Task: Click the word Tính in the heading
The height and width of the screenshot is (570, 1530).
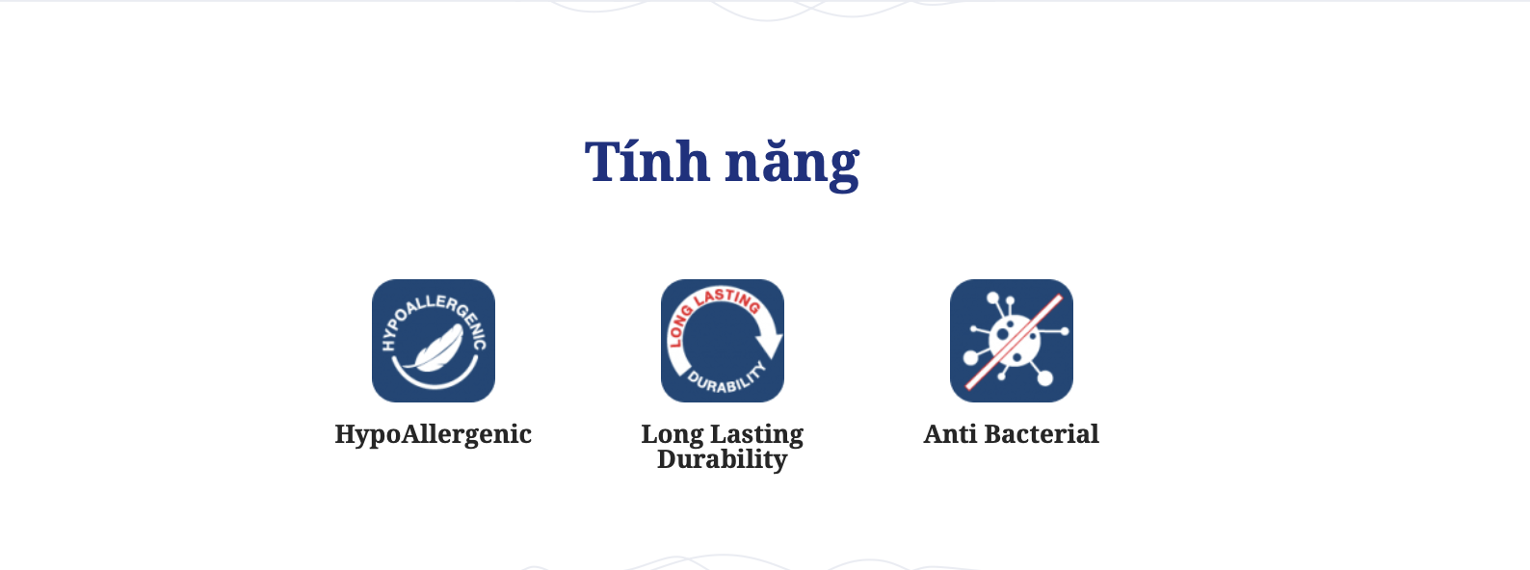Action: click(x=646, y=161)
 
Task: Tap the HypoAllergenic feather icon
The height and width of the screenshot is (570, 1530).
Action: click(x=434, y=341)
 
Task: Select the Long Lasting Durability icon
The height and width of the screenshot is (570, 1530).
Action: click(x=723, y=341)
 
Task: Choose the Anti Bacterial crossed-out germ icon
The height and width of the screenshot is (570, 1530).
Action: click(x=1012, y=341)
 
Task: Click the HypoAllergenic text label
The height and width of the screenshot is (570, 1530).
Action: click(x=433, y=435)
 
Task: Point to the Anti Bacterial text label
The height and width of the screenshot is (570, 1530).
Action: click(x=1012, y=434)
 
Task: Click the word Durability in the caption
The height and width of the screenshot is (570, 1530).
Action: click(x=722, y=458)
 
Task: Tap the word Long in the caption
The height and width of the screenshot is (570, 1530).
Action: click(x=673, y=435)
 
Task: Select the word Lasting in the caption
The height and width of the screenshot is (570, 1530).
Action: click(x=757, y=435)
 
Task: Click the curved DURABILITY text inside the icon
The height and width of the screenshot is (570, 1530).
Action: click(x=726, y=378)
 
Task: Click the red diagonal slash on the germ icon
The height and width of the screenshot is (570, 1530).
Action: click(x=1014, y=342)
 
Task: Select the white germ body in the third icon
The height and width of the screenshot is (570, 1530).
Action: click(x=1015, y=341)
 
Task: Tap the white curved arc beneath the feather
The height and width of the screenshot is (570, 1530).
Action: click(x=434, y=385)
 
